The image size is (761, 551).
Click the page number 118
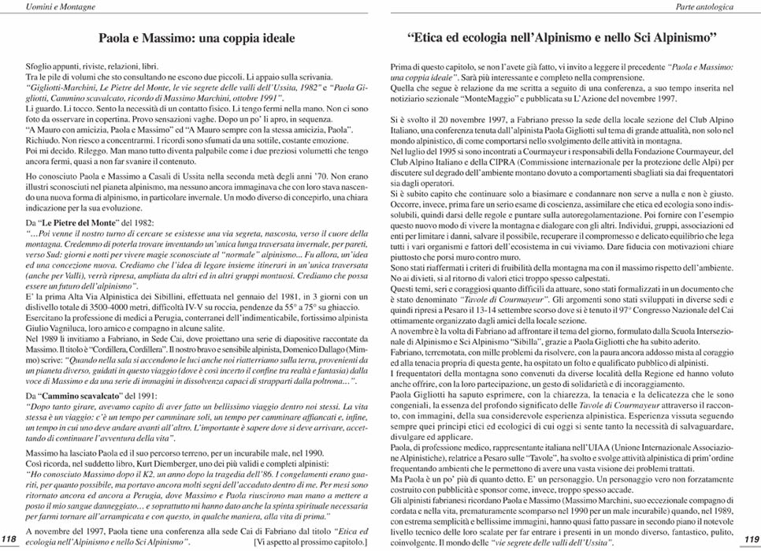(x=9, y=538)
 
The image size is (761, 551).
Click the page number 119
(x=751, y=538)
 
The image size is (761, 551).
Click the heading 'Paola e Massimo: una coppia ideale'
(x=196, y=37)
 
